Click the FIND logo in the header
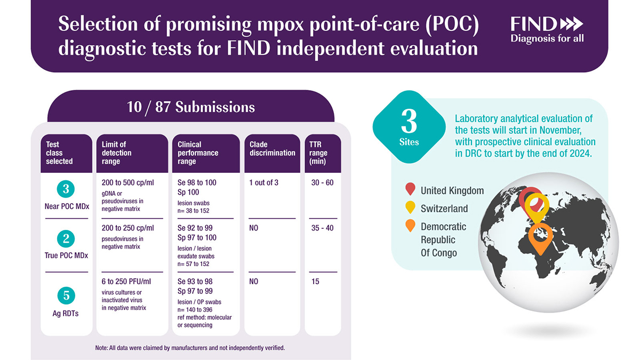(x=547, y=30)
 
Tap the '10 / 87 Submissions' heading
(x=191, y=107)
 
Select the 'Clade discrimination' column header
(x=273, y=149)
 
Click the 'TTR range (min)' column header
(x=318, y=153)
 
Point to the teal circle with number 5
(x=66, y=295)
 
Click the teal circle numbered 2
(x=66, y=238)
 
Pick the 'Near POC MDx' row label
(x=67, y=206)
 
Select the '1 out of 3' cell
(x=263, y=182)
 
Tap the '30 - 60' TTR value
(x=322, y=182)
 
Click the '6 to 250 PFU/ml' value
(x=126, y=282)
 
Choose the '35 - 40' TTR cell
(x=322, y=228)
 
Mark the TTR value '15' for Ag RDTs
(x=315, y=282)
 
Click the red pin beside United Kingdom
(x=410, y=188)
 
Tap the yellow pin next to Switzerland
(x=410, y=206)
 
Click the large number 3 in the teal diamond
(x=409, y=122)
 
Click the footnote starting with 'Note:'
(x=190, y=348)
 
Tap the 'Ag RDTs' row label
(x=66, y=314)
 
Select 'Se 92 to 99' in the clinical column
(x=195, y=228)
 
